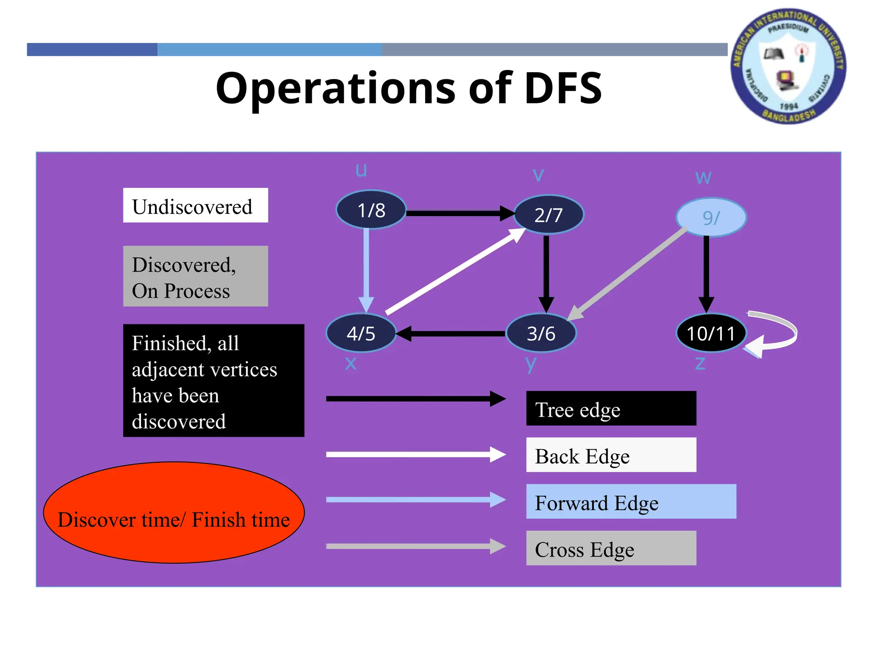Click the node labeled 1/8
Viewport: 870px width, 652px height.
click(x=371, y=210)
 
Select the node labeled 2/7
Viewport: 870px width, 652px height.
click(x=548, y=215)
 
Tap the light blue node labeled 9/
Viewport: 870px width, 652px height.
click(x=711, y=217)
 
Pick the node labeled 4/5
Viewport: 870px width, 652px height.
click(x=361, y=333)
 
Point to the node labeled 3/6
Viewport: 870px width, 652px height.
click(x=541, y=333)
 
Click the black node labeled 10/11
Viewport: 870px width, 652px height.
click(x=711, y=333)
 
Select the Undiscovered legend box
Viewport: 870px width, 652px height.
click(x=195, y=205)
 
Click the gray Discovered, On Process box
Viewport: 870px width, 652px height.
click(x=195, y=276)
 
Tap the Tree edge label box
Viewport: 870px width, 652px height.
click(x=611, y=408)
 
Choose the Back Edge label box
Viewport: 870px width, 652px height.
click(x=611, y=455)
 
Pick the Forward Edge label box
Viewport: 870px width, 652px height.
click(x=631, y=501)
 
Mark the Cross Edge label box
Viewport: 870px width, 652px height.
click(x=611, y=548)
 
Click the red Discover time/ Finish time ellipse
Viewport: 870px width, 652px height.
click(x=174, y=512)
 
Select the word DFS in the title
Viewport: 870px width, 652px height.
click(x=563, y=88)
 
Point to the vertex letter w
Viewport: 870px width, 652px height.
click(x=703, y=177)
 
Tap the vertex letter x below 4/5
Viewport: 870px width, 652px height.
click(x=350, y=363)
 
